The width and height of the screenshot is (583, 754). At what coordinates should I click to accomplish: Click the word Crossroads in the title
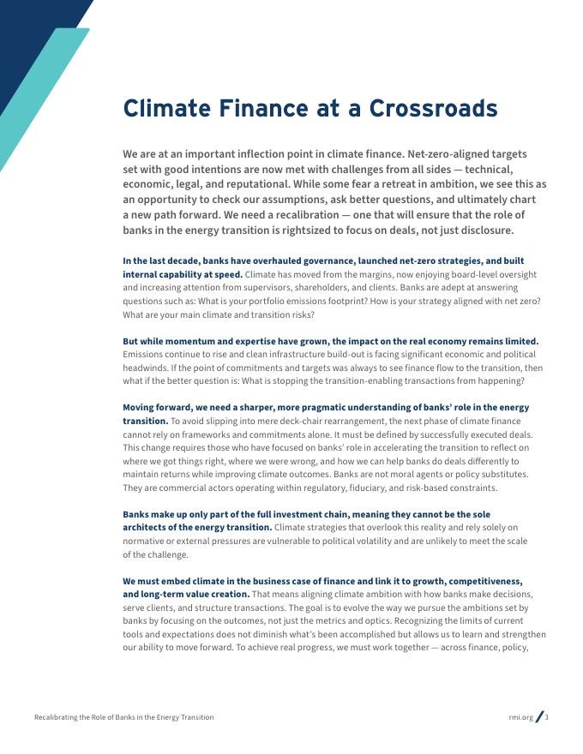point(433,109)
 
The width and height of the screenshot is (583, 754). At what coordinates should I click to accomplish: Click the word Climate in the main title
point(167,109)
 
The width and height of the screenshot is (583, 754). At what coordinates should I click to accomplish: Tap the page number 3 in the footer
point(547,717)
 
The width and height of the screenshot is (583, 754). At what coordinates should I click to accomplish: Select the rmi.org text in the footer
point(520,717)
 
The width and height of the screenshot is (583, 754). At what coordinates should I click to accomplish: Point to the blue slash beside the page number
point(539,717)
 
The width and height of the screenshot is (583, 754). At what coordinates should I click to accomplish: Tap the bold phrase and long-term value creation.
point(186,594)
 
